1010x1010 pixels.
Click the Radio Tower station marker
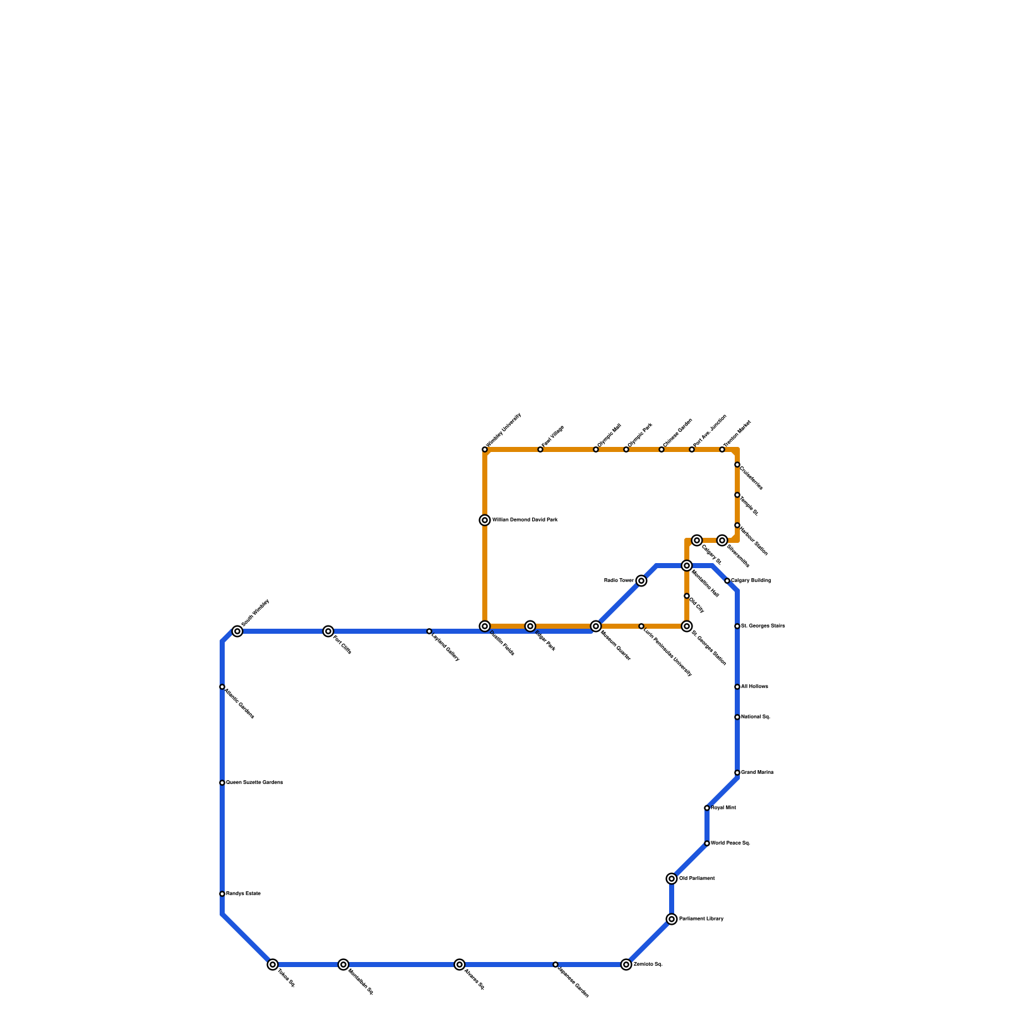[641, 581]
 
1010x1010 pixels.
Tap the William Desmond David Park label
[525, 520]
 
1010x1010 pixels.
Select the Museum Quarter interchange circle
[596, 626]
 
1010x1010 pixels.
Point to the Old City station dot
[687, 596]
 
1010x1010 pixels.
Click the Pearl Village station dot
[540, 449]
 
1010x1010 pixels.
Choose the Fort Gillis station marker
[328, 631]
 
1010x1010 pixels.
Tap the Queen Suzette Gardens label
[254, 783]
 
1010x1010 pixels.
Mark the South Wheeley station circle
[237, 631]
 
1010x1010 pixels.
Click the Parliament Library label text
[701, 919]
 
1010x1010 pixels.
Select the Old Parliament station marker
[672, 879]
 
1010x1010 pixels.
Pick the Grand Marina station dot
[737, 773]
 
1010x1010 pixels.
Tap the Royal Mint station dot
[707, 808]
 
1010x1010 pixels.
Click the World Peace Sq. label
[730, 843]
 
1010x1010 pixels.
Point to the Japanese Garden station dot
[555, 965]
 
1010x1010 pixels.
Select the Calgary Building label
[751, 581]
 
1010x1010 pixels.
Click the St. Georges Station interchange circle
[687, 626]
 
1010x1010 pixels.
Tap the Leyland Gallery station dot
[429, 631]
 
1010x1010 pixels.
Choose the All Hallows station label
[754, 687]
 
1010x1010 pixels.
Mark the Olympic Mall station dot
[596, 449]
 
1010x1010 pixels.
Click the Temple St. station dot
[737, 495]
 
